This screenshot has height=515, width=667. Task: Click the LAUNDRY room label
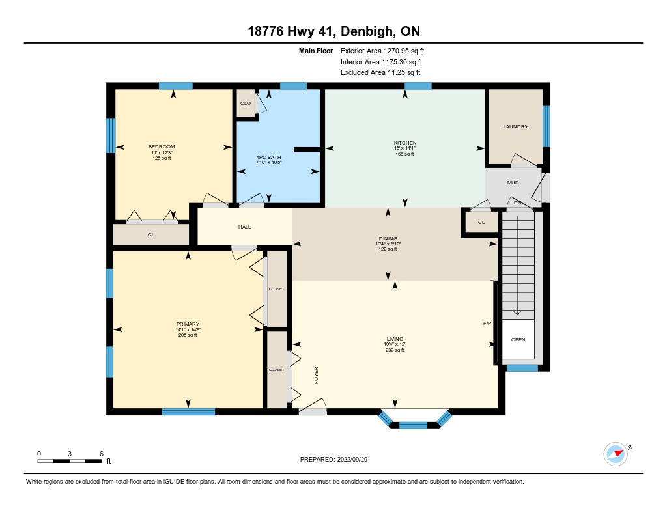pos(516,127)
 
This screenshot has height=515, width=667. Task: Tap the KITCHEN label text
pos(405,143)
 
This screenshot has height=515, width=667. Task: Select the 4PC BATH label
pos(268,158)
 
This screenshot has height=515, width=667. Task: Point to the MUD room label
pos(513,182)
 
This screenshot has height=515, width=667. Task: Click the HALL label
pos(245,227)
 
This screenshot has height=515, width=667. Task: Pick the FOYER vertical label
pos(316,376)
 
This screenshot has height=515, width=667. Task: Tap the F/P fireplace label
pos(487,323)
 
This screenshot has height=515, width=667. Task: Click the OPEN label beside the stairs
pos(518,339)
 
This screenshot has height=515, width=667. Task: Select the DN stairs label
pos(517,203)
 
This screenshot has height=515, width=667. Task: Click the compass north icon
pos(616,454)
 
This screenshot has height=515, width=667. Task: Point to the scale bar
pos(70,461)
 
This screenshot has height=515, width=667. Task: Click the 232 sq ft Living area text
pos(395,350)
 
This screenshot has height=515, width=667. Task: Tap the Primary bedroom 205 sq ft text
pos(188,335)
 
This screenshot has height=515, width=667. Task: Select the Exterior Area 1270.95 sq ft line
pos(382,51)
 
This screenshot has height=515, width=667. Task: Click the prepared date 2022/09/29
pos(352,459)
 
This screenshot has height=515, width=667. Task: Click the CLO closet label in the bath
pos(246,104)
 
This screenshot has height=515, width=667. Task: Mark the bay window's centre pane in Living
pos(413,425)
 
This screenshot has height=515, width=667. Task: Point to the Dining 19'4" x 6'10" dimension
pos(388,244)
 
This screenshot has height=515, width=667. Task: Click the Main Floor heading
pos(316,51)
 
